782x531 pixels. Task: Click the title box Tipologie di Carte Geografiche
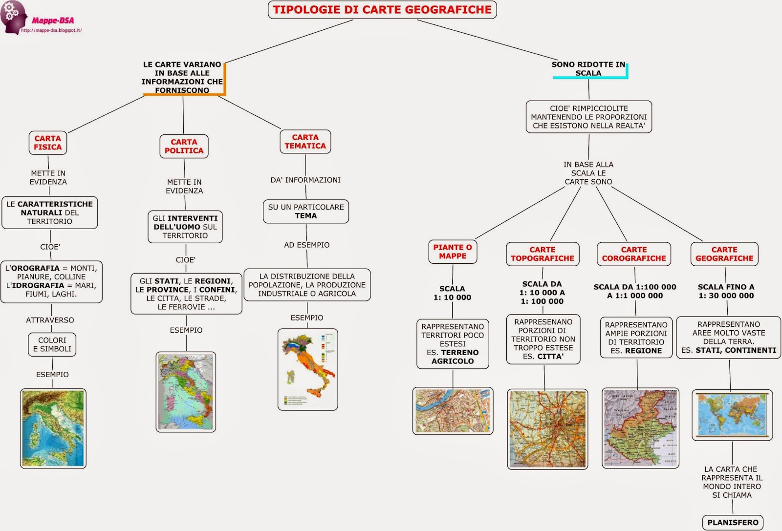[382, 10]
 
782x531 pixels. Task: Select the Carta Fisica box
[48, 143]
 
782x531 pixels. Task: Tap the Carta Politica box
[184, 147]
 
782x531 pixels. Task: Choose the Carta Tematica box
[305, 142]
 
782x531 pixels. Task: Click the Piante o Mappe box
[453, 252]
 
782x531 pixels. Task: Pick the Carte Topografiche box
[543, 254]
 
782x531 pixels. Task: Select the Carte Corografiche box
[634, 254]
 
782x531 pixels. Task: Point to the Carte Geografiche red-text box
[724, 254]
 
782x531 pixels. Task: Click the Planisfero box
[733, 522]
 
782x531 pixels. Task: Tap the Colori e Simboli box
[52, 344]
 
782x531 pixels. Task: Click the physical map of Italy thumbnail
[53, 428]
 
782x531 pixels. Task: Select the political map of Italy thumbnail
[186, 392]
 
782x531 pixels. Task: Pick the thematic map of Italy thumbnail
[307, 369]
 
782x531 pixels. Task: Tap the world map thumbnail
[732, 415]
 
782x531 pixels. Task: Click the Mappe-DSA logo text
[53, 21]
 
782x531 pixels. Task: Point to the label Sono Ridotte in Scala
[588, 69]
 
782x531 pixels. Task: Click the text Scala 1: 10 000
[452, 293]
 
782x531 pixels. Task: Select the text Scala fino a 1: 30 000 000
[726, 291]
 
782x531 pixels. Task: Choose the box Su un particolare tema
[306, 212]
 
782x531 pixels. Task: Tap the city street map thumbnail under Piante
[453, 411]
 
